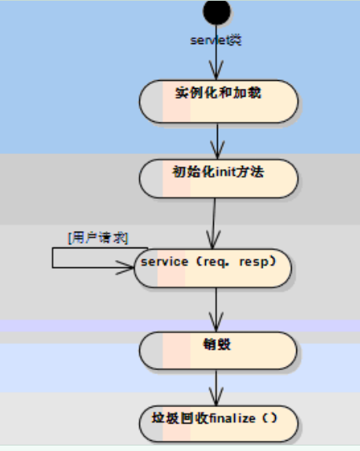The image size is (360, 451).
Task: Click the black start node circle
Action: click(x=217, y=11)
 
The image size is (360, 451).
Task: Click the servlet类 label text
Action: click(x=216, y=40)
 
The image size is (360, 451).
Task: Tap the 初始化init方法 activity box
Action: click(x=219, y=179)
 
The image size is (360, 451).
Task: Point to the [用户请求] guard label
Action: click(x=97, y=237)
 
